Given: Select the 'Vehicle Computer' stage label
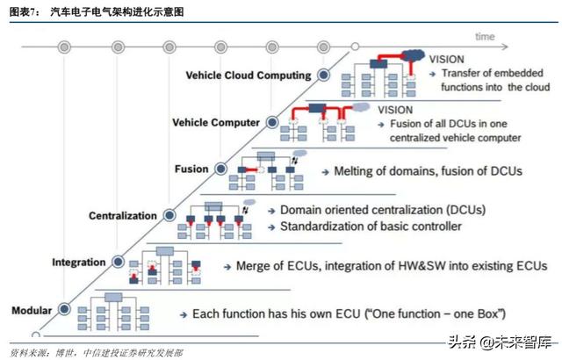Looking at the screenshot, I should click(x=216, y=122).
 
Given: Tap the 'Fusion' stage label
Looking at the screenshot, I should click(x=193, y=168).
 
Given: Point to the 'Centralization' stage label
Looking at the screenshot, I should click(x=122, y=215).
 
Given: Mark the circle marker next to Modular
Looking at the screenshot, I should click(x=66, y=309).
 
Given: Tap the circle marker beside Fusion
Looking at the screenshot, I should click(x=221, y=168).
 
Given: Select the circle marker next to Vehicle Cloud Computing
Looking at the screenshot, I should click(x=324, y=75).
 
